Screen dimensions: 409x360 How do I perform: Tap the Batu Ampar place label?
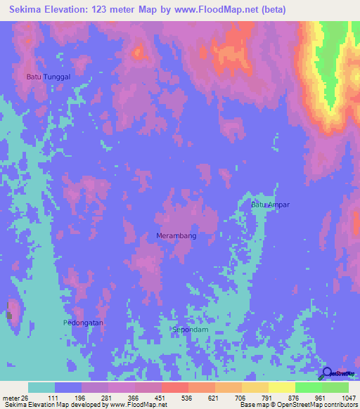pyautogui.click(x=271, y=204)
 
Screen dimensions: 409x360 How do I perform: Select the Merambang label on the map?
pyautogui.click(x=176, y=236)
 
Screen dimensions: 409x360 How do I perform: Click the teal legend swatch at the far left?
pyautogui.click(x=41, y=387)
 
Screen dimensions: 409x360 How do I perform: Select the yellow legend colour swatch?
pyautogui.click(x=281, y=387)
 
